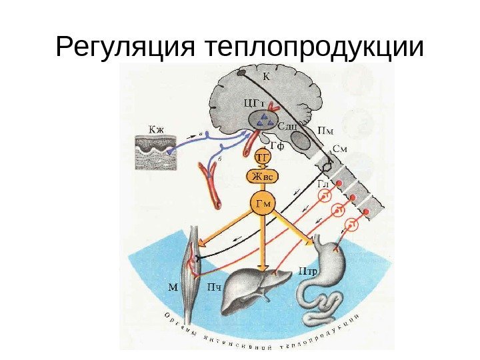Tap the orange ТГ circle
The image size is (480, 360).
263,157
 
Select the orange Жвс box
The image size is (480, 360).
263,177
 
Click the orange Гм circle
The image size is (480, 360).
264,204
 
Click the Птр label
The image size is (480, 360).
307,271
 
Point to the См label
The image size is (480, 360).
339,149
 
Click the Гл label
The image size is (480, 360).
323,182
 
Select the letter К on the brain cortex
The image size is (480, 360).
267,75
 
